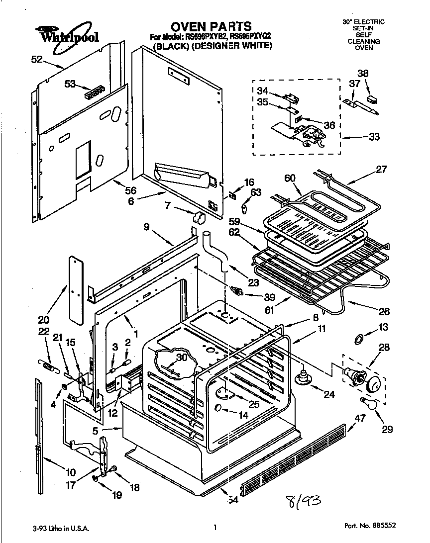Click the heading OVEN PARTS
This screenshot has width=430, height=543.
(211, 26)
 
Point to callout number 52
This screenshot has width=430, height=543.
(36, 59)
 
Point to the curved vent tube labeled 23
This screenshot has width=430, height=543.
(216, 251)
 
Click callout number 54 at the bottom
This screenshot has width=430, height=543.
(232, 500)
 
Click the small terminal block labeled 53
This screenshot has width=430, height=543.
(94, 91)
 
